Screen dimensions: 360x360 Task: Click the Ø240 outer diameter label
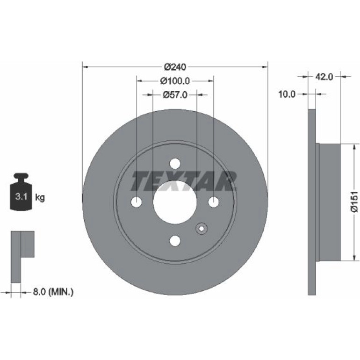[x=175, y=67]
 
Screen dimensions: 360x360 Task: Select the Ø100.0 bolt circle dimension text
[x=175, y=81]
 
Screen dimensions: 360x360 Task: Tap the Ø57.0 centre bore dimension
[x=175, y=94]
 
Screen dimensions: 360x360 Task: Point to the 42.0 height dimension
[x=324, y=77]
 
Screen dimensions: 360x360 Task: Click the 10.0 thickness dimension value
[x=287, y=94]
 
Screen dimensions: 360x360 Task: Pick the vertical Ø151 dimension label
[x=354, y=202]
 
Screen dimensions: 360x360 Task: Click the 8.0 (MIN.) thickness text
[x=53, y=292]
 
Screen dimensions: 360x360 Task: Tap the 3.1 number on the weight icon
[x=22, y=197]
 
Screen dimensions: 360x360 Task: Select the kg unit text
[x=40, y=197]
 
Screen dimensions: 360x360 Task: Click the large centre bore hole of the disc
[x=175, y=202]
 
